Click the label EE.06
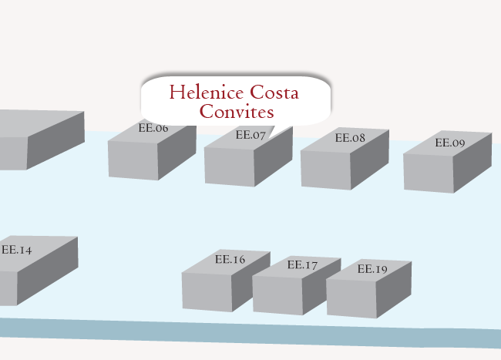153,129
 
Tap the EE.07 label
250,135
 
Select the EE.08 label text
350,139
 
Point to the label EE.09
450,143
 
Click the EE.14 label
16,250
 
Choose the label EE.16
230,260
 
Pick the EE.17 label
302,265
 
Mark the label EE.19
372,269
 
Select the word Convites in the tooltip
236,112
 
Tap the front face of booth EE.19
351,297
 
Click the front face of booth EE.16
207,290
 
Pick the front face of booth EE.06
133,160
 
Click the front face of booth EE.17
277,294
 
